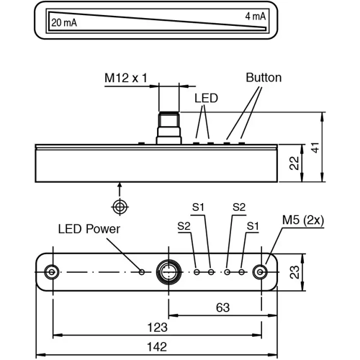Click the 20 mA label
tap(64, 23)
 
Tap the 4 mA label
tap(256, 17)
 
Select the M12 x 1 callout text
tap(126, 78)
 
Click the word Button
tap(264, 78)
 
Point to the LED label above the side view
tap(206, 98)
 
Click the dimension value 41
tap(316, 147)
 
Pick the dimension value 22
tap(294, 163)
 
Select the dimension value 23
tap(294, 272)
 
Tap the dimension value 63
tap(222, 307)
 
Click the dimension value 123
tap(157, 328)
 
